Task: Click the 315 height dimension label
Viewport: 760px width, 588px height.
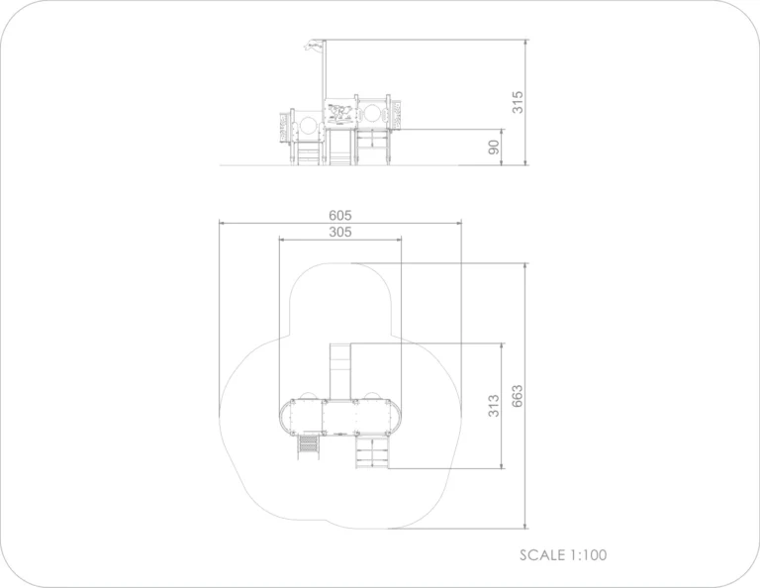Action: coord(518,102)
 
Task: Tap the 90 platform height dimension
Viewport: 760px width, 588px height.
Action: coord(494,147)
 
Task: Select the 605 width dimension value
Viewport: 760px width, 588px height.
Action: coord(340,215)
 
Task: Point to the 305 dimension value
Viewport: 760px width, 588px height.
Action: coord(340,232)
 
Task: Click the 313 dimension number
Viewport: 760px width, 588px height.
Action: coord(494,406)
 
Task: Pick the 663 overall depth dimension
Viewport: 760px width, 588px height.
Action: coord(518,396)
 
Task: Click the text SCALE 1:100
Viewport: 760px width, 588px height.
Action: coord(563,555)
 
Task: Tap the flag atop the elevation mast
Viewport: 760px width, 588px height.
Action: coord(314,47)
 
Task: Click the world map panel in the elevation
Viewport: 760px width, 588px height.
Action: coord(340,114)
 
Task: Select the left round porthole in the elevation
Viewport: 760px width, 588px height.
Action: coord(308,126)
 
